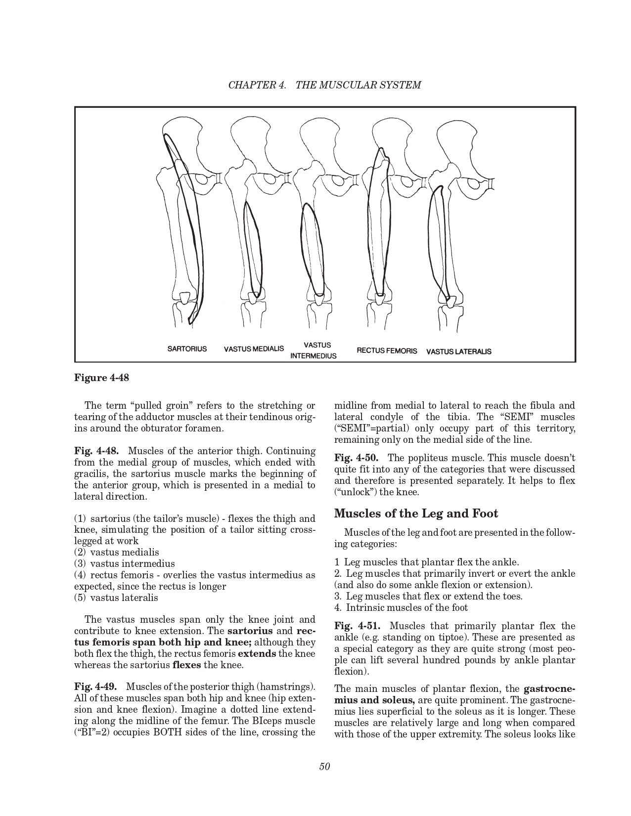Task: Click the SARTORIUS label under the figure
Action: tap(187, 349)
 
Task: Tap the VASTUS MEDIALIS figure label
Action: tap(254, 349)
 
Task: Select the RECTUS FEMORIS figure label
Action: tap(387, 351)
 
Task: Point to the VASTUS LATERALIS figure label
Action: tap(458, 351)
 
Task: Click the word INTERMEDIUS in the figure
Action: tap(313, 356)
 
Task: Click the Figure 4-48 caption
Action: tap(101, 378)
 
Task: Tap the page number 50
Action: tap(324, 767)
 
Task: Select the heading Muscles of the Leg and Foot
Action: tap(416, 514)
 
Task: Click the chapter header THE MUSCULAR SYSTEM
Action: tap(358, 85)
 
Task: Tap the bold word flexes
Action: tap(186, 665)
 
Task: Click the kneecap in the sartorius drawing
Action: tap(184, 298)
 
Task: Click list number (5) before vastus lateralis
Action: tap(81, 598)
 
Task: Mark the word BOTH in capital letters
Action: tap(170, 732)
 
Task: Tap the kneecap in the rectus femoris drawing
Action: tap(379, 299)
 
